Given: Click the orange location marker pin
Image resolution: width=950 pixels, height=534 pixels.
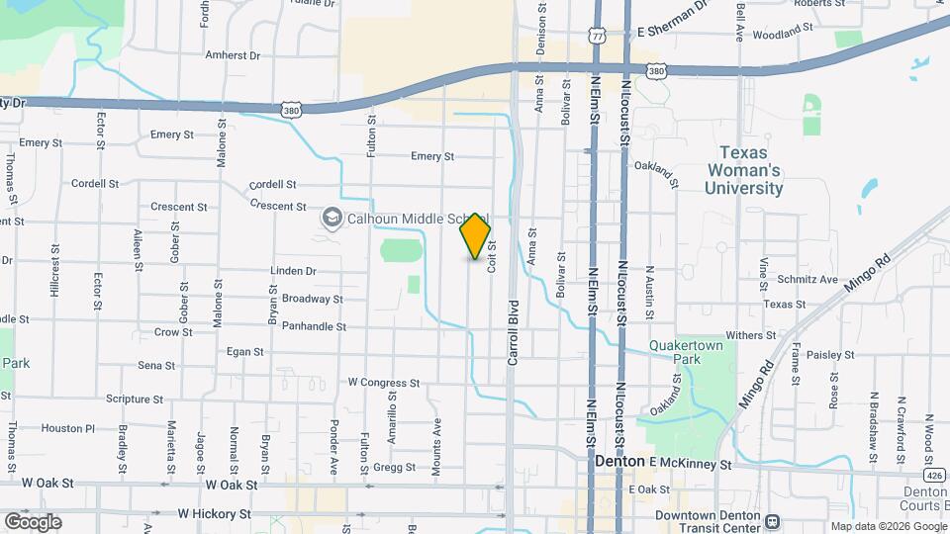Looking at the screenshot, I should tap(476, 235).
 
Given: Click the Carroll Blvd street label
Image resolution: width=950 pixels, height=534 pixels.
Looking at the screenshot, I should tap(513, 333).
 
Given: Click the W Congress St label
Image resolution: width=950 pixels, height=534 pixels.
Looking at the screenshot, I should tap(384, 382).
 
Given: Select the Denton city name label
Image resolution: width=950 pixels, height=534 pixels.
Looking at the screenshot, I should tap(620, 462).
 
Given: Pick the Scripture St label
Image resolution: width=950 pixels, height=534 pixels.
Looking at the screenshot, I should tap(135, 400).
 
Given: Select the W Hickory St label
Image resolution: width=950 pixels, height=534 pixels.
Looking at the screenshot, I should tap(217, 514).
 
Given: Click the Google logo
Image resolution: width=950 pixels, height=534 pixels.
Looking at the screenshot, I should tap(33, 521).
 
